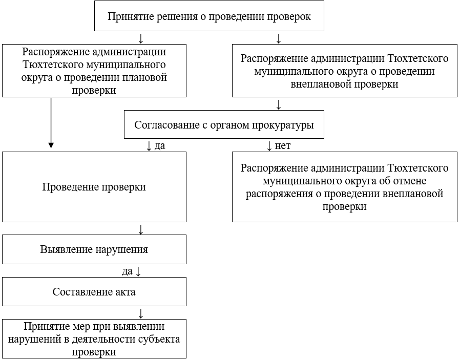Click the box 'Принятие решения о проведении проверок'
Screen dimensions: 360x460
click(209, 16)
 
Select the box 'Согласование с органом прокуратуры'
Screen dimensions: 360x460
click(224, 124)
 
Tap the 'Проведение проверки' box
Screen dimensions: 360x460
click(94, 187)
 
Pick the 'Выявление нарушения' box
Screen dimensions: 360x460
click(94, 250)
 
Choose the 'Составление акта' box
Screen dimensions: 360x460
click(94, 292)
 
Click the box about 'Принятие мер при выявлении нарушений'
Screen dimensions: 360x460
click(94, 339)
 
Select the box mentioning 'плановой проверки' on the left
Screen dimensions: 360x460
click(94, 71)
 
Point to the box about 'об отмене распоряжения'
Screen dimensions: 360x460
click(344, 187)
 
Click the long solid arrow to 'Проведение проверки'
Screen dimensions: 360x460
click(51, 123)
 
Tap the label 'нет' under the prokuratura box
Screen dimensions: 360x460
click(283, 146)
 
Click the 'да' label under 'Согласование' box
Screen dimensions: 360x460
click(159, 146)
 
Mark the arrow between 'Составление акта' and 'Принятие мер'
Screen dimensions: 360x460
click(141, 313)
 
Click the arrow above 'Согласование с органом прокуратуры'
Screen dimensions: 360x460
click(279, 104)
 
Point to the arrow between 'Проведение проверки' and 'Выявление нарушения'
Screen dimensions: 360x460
click(141, 228)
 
